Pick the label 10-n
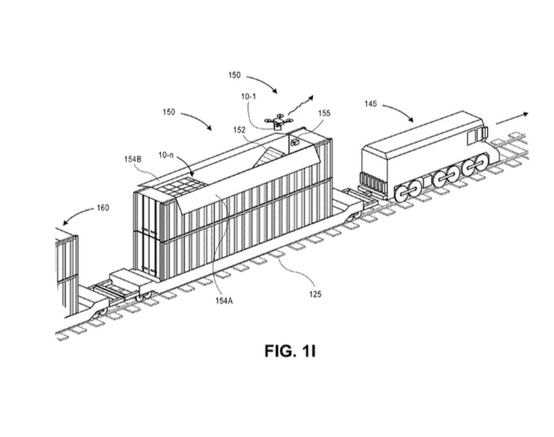pyautogui.click(x=166, y=154)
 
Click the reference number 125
pyautogui.click(x=315, y=294)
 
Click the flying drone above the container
pyautogui.click(x=280, y=122)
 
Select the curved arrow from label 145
pyautogui.click(x=402, y=109)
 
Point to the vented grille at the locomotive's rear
pyautogui.click(x=374, y=179)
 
